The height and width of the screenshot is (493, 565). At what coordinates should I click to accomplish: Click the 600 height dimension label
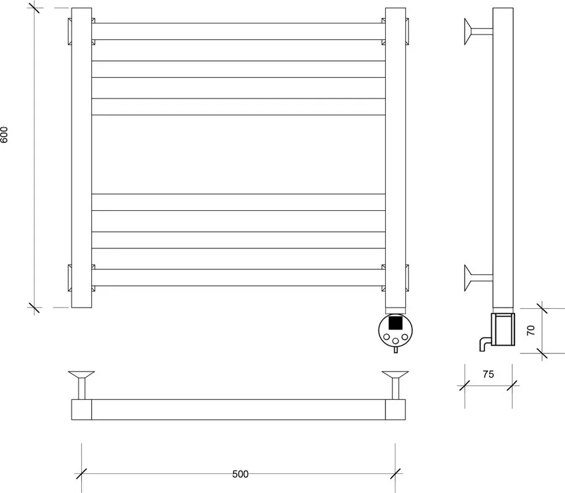(4, 134)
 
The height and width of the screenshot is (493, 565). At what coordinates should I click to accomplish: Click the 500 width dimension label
(240, 474)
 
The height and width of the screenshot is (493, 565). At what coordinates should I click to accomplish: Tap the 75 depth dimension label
(488, 375)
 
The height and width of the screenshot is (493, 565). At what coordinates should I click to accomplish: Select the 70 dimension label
(530, 330)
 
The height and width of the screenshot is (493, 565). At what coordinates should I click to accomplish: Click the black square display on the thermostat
(396, 322)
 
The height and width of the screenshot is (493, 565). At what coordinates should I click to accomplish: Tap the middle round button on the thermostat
(396, 341)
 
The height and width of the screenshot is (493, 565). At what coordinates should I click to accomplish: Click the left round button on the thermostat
(387, 337)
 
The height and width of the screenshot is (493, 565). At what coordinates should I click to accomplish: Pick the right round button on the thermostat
(405, 337)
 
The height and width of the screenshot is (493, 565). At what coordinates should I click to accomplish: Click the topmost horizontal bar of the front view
(238, 31)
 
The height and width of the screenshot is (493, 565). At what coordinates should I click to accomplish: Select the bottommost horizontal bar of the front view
(238, 277)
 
